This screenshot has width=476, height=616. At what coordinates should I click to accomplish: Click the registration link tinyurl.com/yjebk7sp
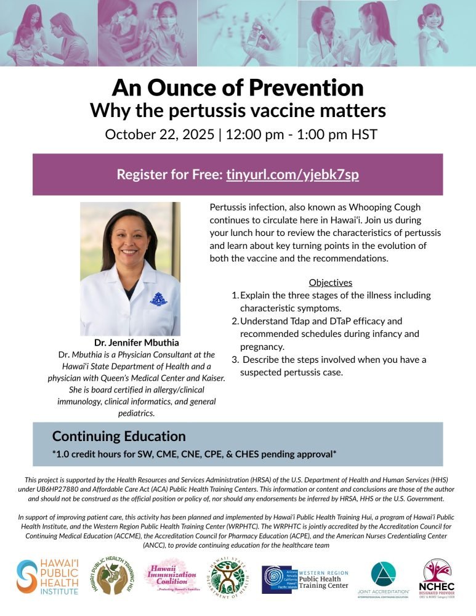(x=292, y=174)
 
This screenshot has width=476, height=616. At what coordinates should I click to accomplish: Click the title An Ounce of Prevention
(x=238, y=87)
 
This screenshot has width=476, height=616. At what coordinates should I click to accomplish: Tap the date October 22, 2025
(x=158, y=134)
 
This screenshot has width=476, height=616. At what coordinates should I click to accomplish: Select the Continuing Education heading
(x=119, y=436)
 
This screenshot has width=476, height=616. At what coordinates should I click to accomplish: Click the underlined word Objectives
(x=330, y=283)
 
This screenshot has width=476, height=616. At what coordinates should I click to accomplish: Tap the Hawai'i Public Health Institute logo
(x=47, y=577)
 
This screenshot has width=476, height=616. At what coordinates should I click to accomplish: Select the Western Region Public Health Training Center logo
(x=305, y=577)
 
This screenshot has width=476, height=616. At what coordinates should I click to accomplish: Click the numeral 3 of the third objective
(x=234, y=359)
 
